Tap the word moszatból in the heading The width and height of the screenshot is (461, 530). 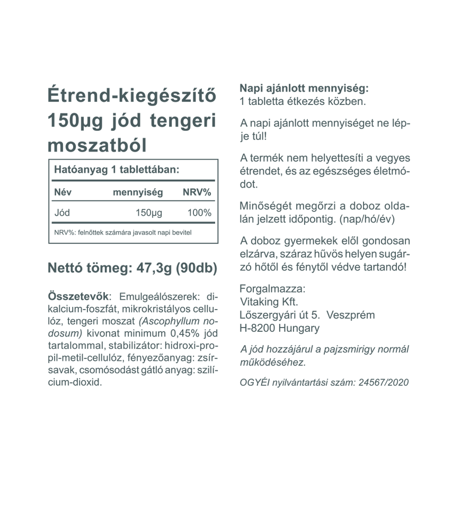click(97, 144)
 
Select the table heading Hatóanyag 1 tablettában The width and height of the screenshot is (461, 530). click(117, 170)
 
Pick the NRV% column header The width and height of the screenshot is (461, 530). click(197, 192)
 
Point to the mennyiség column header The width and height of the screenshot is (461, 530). click(138, 192)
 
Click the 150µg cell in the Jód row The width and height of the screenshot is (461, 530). click(149, 213)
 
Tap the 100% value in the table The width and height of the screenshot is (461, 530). click(199, 213)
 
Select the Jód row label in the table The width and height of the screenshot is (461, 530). click(62, 213)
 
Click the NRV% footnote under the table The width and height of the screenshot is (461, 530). click(122, 232)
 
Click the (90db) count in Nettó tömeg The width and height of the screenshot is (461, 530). click(196, 268)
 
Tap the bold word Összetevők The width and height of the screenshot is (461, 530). click(78, 296)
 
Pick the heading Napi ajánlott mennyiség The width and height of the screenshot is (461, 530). click(304, 88)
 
